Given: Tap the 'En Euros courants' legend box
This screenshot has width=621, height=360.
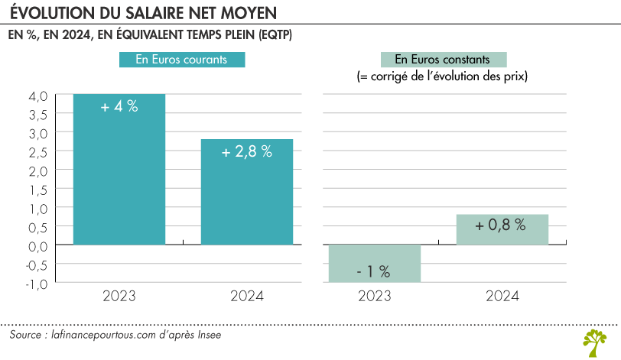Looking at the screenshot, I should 181,60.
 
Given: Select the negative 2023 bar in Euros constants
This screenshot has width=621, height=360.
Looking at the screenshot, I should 374,264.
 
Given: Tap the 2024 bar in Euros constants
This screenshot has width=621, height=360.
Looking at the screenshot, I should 502,229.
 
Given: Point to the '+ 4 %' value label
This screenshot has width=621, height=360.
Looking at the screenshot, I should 119,107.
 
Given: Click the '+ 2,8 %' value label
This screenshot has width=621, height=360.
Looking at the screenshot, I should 246,151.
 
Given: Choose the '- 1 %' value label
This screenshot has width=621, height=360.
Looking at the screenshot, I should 373,271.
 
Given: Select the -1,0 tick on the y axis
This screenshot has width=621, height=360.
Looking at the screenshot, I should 37,284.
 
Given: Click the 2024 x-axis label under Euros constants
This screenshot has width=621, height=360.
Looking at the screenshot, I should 502,297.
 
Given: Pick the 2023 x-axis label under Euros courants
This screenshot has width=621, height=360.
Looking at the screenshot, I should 119,297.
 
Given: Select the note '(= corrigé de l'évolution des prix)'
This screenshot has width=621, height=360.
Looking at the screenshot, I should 443,77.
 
